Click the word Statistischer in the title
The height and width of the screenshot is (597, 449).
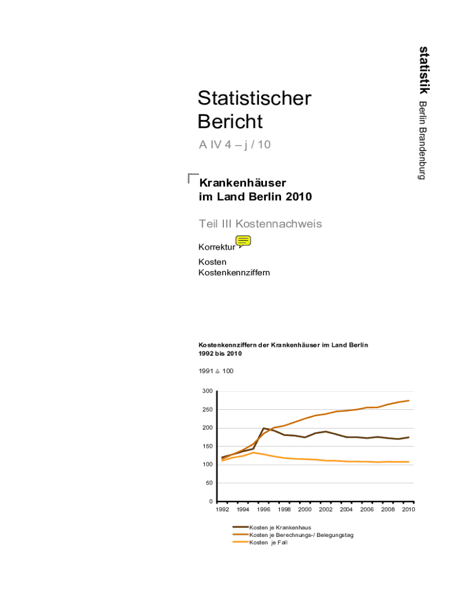[x=254, y=99]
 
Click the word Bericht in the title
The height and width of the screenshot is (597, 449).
[x=230, y=122]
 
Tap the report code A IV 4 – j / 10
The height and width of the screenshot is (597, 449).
[x=234, y=144]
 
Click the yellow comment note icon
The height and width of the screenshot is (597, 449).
[x=243, y=241]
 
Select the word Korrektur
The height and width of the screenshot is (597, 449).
[x=217, y=248]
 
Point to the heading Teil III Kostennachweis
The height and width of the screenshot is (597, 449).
[x=260, y=224]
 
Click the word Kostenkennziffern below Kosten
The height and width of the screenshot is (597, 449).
[x=234, y=273]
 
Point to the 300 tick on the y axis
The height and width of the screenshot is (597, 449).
[x=207, y=391]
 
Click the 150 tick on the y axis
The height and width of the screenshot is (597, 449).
[x=207, y=447]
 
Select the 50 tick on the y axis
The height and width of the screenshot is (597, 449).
[x=209, y=483]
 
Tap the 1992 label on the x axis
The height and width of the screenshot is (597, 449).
[x=222, y=510]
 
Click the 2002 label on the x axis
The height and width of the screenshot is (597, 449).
[x=325, y=510]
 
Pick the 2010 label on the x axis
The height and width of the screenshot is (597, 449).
[x=408, y=510]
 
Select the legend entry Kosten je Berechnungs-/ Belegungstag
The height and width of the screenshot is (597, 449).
[x=301, y=535]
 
